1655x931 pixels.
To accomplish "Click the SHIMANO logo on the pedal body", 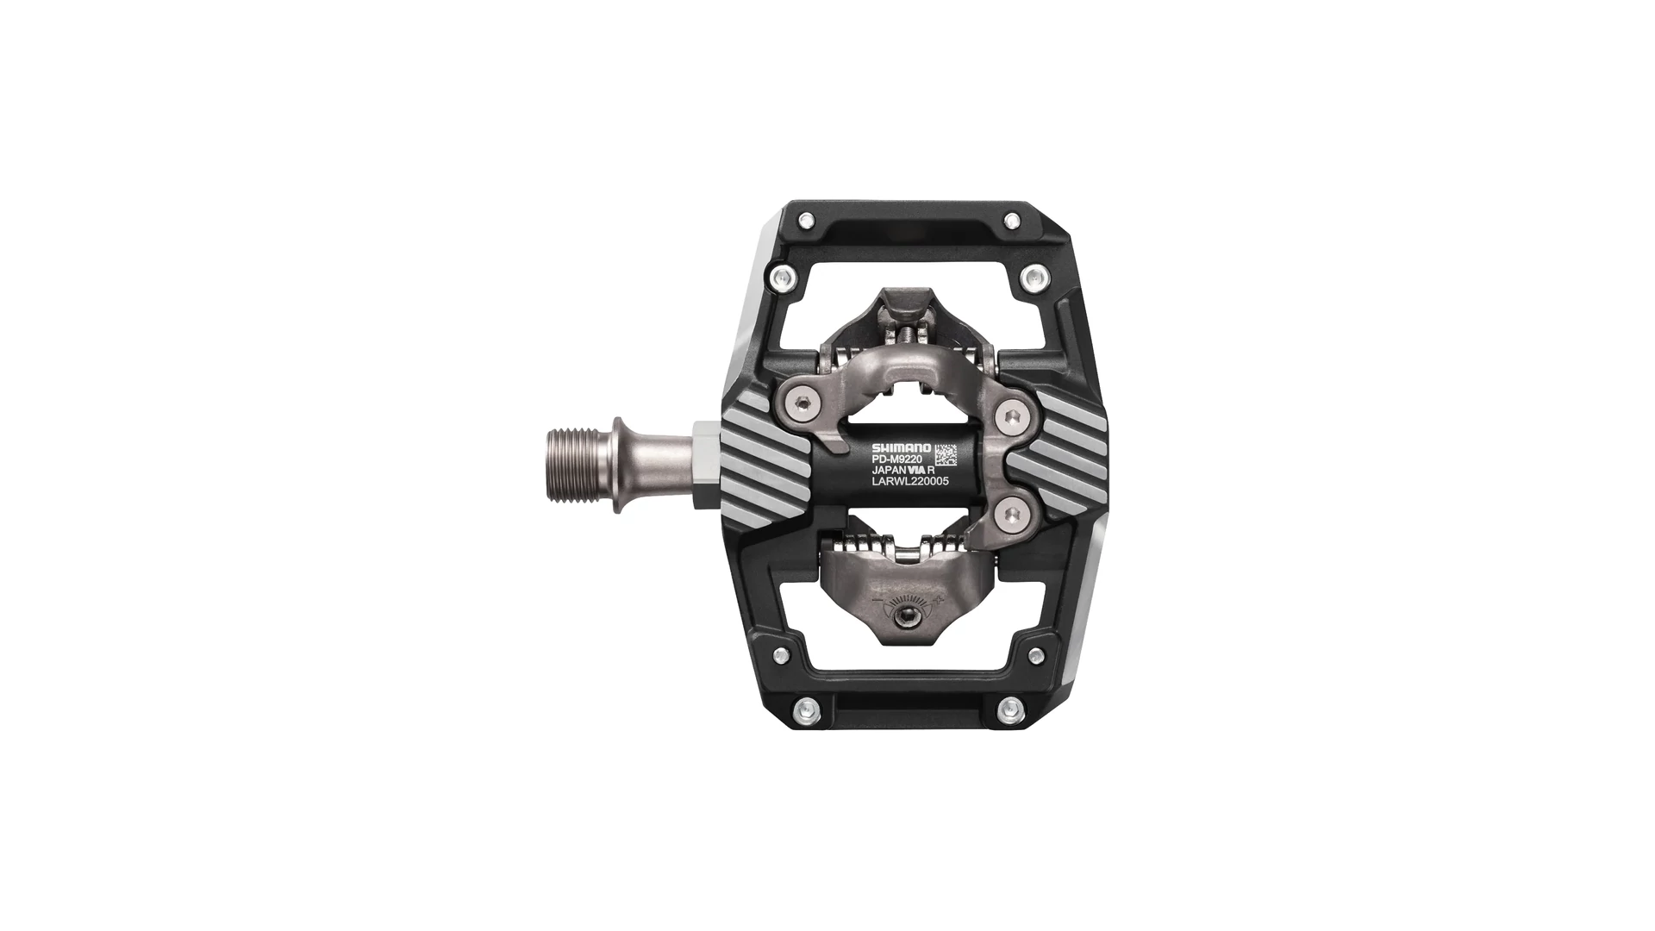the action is click(901, 448).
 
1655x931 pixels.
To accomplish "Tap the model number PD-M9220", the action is click(897, 459).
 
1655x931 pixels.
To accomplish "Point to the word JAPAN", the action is click(890, 472).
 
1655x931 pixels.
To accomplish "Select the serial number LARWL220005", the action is click(910, 484).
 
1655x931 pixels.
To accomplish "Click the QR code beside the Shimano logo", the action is click(946, 454).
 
